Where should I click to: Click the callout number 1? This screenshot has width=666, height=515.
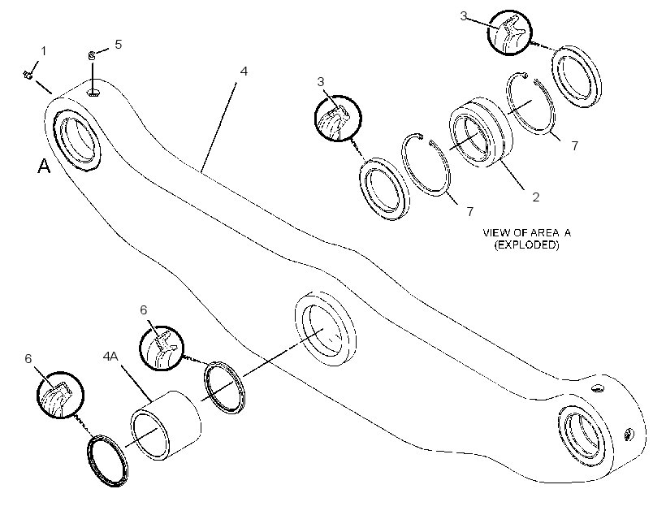(43, 51)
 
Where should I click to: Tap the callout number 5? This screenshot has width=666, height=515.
(119, 44)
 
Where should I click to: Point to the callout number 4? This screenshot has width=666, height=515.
(244, 71)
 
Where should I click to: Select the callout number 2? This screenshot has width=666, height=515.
(535, 197)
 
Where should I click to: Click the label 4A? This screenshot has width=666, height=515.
(110, 356)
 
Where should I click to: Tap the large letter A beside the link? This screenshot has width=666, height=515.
(44, 166)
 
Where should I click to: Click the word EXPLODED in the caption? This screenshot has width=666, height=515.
(526, 245)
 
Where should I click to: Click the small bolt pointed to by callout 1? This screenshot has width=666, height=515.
(28, 75)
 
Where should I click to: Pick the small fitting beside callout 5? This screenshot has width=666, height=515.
(91, 55)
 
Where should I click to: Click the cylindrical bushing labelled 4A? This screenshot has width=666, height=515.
(165, 426)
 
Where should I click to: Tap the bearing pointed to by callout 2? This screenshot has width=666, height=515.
(480, 132)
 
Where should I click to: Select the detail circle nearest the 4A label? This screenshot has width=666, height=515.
(162, 348)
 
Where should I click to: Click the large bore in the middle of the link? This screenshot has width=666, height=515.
(326, 328)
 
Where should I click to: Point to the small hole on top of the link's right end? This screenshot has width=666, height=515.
(598, 388)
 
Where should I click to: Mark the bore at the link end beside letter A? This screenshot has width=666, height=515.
(76, 140)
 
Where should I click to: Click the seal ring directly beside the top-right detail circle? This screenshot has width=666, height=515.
(577, 76)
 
